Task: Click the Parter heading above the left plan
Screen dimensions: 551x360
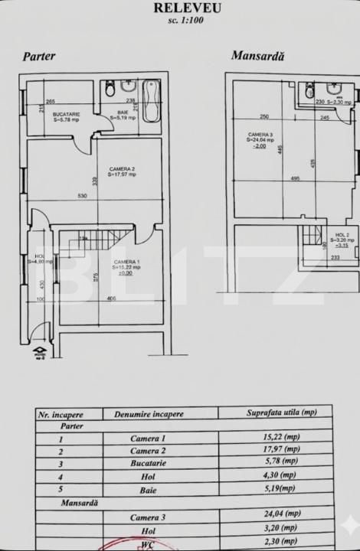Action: [x=38, y=57]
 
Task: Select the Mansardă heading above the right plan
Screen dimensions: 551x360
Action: [x=258, y=56]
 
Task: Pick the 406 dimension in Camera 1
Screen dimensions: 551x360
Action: [x=112, y=298]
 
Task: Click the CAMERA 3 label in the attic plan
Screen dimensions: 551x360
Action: [x=260, y=135]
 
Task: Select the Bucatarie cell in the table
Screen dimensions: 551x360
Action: [x=147, y=461]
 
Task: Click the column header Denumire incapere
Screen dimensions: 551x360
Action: [x=149, y=413]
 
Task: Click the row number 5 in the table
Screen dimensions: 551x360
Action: [x=61, y=487]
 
